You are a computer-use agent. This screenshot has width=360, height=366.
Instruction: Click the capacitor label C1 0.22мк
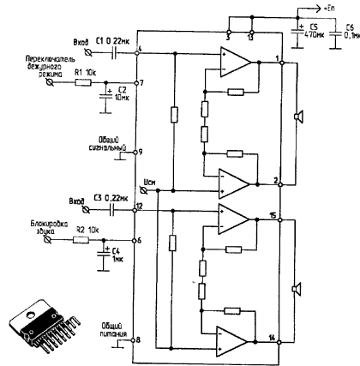[111, 40]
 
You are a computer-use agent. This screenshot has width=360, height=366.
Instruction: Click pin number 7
[141, 83]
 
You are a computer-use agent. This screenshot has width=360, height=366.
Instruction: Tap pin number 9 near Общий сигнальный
[141, 153]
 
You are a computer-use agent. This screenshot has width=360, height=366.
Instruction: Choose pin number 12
[139, 207]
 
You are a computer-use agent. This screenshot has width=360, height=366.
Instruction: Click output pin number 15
[273, 214]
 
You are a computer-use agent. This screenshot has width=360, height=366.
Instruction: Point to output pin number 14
[273, 339]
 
